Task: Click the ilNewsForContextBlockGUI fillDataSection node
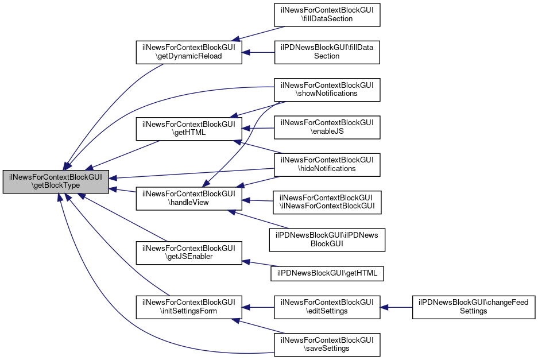327,14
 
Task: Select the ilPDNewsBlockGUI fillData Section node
327,52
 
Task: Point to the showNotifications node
327,89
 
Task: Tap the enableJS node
327,127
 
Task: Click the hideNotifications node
327,164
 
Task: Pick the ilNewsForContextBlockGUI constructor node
327,202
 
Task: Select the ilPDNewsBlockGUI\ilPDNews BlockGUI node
327,239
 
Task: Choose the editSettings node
327,307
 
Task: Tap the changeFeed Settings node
474,307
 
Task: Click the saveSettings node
327,344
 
